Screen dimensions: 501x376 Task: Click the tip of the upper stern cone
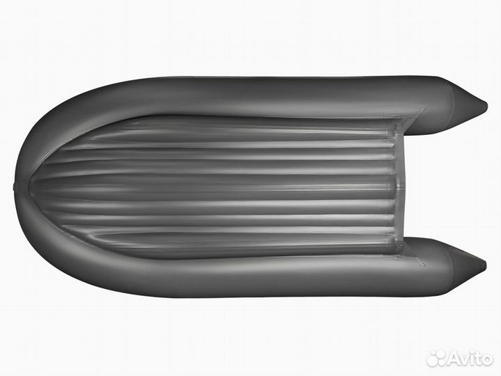pyautogui.click(x=487, y=104)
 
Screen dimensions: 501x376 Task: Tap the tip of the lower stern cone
pyautogui.click(x=486, y=265)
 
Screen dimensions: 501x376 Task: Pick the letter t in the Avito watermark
pyautogui.click(x=477, y=359)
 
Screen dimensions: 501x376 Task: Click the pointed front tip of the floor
pyautogui.click(x=30, y=185)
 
